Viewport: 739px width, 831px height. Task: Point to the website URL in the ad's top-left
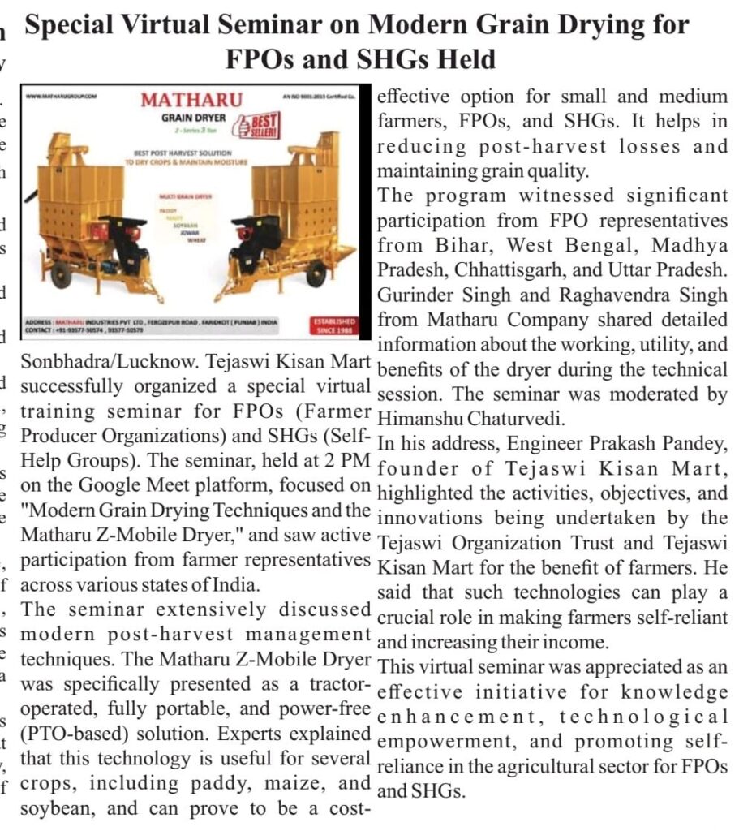tap(62, 96)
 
